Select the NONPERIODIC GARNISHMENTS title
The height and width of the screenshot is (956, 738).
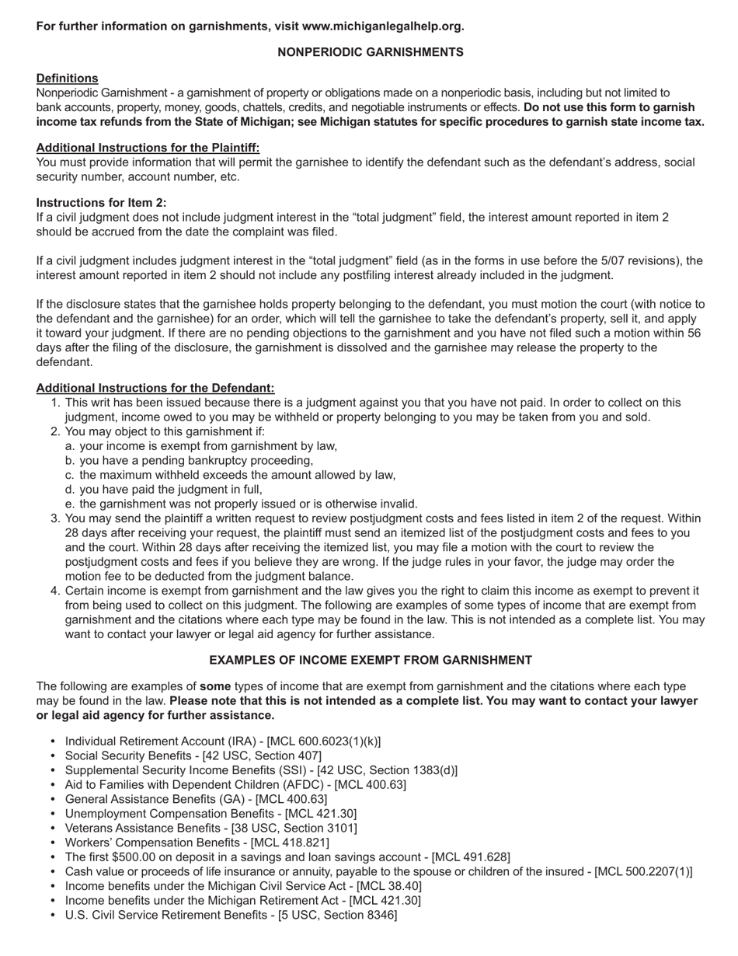(x=371, y=52)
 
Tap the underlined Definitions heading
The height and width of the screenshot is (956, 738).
(x=67, y=79)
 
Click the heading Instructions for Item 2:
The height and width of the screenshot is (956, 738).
(x=101, y=203)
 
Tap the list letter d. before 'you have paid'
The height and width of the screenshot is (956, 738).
(x=71, y=490)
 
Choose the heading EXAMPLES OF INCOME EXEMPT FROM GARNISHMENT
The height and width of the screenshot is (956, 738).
(x=371, y=661)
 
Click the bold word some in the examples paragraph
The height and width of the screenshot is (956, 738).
(x=214, y=687)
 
